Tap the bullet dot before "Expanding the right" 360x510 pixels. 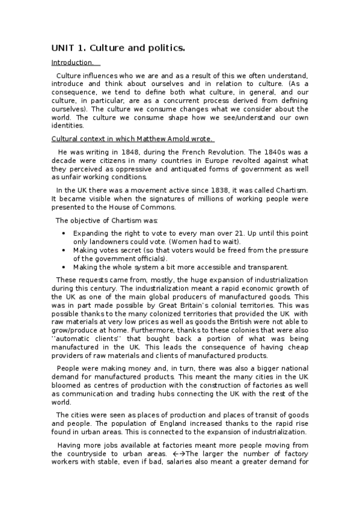click(64, 233)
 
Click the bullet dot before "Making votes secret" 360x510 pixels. click(64, 250)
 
